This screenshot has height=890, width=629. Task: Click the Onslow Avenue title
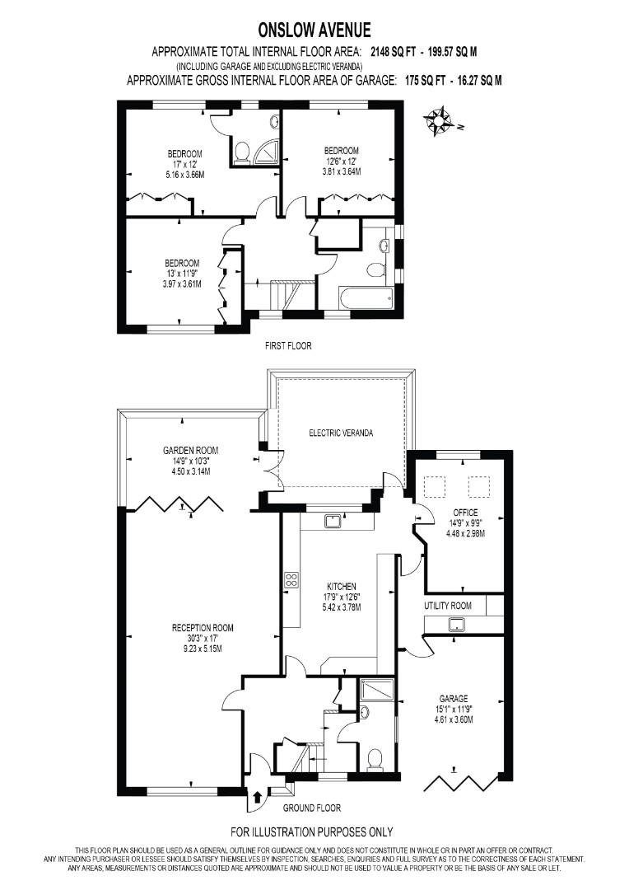point(314,30)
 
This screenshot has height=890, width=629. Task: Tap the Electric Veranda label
point(341,433)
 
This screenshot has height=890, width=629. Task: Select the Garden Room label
point(190,450)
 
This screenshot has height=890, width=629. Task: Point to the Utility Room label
point(448,606)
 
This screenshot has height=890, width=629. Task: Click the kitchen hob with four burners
point(292,580)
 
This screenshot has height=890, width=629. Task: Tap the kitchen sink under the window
point(333,521)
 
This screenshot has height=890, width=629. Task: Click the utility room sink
point(456,625)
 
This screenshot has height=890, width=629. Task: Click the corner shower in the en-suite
point(267,152)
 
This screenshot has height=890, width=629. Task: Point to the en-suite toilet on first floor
point(242,152)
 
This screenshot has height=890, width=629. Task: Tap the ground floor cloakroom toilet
point(375,760)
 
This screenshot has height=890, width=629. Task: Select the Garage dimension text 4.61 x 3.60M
point(453,719)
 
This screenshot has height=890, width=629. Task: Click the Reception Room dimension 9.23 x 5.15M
point(203,648)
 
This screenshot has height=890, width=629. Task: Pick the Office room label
point(466,512)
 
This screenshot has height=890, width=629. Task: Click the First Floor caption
point(288,345)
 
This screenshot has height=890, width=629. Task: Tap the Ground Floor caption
point(312,808)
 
